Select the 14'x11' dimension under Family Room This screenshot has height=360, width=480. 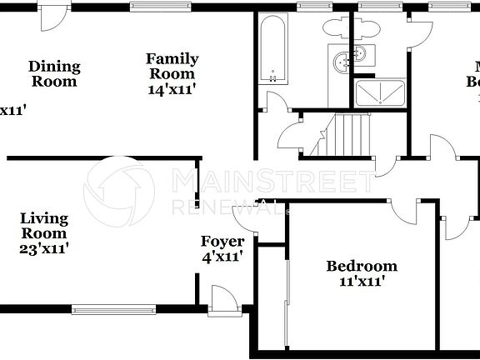(x=172, y=87)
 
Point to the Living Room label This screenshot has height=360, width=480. (x=44, y=226)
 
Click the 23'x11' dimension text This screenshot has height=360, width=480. (x=44, y=247)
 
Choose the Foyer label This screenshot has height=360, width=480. (x=222, y=242)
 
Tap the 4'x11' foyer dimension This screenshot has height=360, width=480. (x=222, y=257)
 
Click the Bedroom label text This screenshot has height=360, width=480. (x=361, y=267)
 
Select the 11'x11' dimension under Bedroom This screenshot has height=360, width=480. (x=361, y=282)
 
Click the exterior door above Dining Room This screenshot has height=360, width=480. (x=54, y=17)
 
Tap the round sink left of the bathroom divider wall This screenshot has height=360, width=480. (x=341, y=61)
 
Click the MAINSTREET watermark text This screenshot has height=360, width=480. (x=272, y=182)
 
